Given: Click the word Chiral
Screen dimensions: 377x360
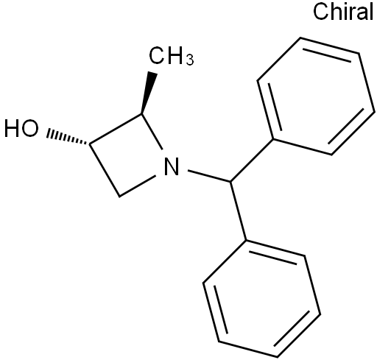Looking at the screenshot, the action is click(343, 12).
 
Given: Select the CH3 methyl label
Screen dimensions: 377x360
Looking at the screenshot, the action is click(171, 56).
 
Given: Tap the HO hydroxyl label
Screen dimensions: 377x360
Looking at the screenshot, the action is click(21, 128).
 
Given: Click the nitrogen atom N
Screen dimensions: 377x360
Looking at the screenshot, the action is click(172, 166).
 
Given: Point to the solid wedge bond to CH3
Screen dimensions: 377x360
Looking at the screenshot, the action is click(149, 93).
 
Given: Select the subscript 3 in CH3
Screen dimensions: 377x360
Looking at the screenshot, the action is click(189, 60).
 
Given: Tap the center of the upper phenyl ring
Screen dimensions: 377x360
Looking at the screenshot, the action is click(317, 96).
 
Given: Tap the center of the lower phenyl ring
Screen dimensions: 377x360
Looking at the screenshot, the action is click(262, 299).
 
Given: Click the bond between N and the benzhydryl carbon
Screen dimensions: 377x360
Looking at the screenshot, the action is click(209, 176).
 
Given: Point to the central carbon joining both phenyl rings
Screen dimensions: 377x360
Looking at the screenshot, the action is click(230, 182).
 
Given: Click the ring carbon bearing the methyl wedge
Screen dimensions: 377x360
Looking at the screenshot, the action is click(141, 113).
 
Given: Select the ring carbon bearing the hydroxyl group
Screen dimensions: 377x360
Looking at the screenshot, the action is click(90, 144).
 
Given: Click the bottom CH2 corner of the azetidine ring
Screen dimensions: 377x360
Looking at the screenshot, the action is click(119, 196).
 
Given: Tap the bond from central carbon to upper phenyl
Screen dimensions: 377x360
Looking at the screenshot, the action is click(252, 160).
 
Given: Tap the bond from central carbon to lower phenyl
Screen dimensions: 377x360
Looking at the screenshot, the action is click(239, 211).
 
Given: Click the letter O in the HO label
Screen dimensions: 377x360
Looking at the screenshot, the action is click(30, 128).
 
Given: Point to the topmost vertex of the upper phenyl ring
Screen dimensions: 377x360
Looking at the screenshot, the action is click(300, 38).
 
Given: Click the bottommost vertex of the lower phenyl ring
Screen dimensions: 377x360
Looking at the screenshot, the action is click(278, 357).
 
